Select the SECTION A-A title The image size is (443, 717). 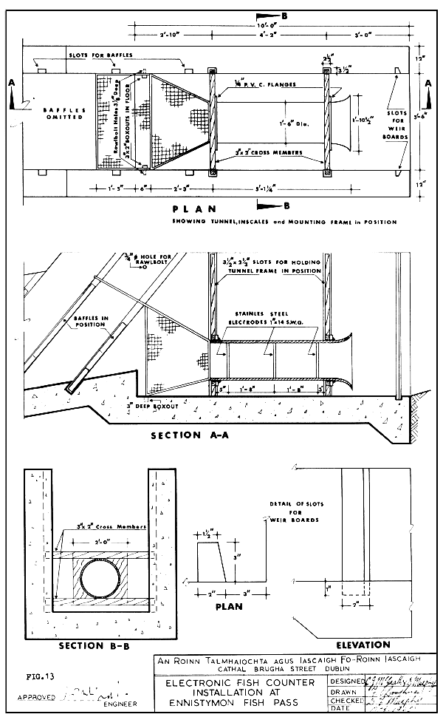[x=190, y=435]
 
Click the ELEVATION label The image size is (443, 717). [x=363, y=645]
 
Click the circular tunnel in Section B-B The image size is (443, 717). [x=103, y=578]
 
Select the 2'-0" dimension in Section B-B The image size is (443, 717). [x=103, y=550]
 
